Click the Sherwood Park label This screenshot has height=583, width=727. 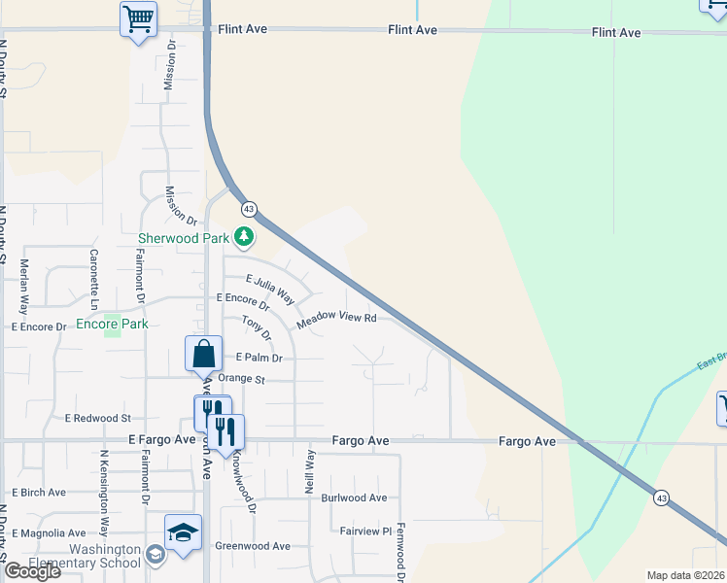coord(183,237)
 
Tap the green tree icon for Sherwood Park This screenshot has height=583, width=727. coord(244,237)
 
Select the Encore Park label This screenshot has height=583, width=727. coord(112,324)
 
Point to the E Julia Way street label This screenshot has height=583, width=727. coord(269,288)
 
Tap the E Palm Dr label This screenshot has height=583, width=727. coord(258,358)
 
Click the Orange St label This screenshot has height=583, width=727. coord(241,379)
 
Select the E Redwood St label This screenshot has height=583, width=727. coord(97,418)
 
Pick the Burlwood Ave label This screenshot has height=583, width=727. coord(355,497)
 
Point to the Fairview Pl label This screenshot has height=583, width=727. coord(365,532)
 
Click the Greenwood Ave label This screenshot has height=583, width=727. coord(253,546)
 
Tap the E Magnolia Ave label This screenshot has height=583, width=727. coord(49,533)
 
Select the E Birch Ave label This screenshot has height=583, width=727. coord(39,493)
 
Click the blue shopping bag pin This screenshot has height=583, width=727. coord(204,355)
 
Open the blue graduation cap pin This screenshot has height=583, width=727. coord(183,532)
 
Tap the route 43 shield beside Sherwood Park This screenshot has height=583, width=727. coord(250,209)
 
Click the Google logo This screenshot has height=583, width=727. coord(32,571)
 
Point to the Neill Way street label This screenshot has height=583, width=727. coord(311,471)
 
